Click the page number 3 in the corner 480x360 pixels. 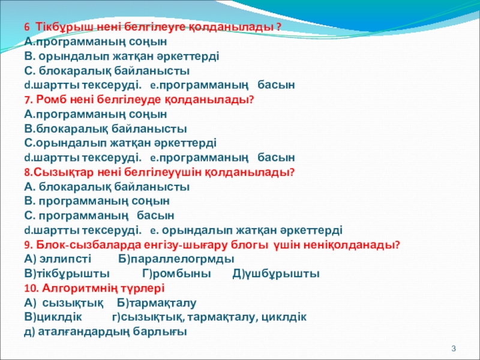tap(454, 349)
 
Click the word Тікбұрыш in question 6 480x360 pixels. tap(65, 27)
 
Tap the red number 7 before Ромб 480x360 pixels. tap(28, 100)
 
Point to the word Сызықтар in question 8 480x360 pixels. tap(64, 172)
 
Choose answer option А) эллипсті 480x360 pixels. tap(58, 259)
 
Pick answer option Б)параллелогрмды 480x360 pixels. tap(176, 259)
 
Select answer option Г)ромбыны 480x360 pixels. tap(176, 274)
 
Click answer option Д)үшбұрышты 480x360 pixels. tap(276, 274)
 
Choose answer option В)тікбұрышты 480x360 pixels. tap(67, 274)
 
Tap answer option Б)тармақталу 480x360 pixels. tap(157, 303)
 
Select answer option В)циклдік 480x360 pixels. tap(53, 317)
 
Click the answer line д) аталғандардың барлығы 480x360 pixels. tap(106, 332)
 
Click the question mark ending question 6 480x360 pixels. tap(278, 27)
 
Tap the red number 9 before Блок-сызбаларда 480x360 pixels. tap(28, 245)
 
